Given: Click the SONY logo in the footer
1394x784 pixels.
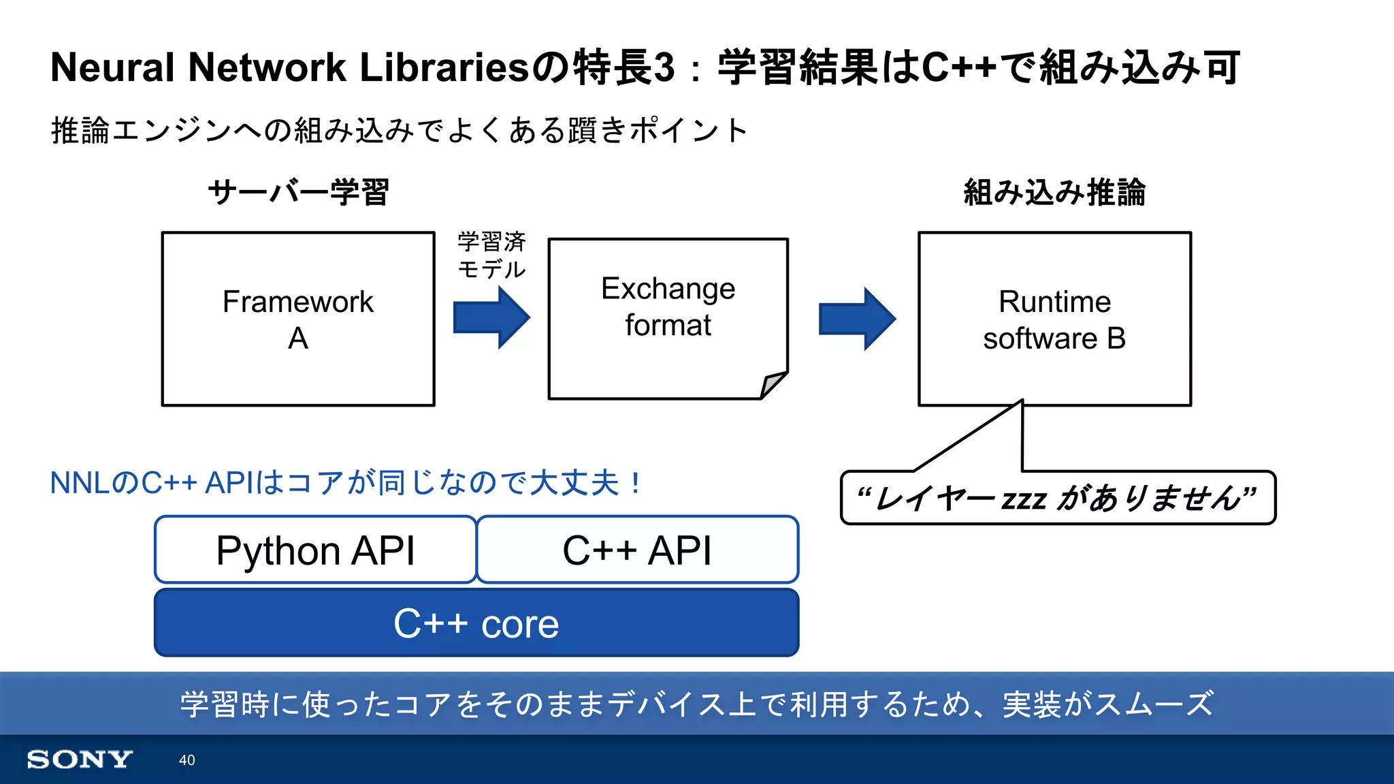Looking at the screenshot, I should point(79,759).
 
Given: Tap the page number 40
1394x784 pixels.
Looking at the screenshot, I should point(187,760).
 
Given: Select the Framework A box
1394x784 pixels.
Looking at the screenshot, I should point(297,319).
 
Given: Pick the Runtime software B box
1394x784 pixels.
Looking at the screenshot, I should point(1054,319).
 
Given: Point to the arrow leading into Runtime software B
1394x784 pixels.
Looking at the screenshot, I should point(856,318).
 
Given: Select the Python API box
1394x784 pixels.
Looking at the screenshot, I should point(315,550).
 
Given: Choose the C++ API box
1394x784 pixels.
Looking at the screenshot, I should point(637,550).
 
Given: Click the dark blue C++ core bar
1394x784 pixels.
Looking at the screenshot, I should point(476,623).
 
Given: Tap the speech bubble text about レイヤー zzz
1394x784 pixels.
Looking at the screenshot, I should point(1057,498).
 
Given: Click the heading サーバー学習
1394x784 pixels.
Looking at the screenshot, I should point(298,192).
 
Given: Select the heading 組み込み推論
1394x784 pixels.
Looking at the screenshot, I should point(1054,192).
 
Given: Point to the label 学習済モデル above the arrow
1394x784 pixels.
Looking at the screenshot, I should point(491,255).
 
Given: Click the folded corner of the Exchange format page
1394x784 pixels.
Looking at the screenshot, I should point(773,384).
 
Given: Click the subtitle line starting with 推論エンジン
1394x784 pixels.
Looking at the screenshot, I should point(400,130).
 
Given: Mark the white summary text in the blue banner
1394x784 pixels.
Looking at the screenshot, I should point(696,704).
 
